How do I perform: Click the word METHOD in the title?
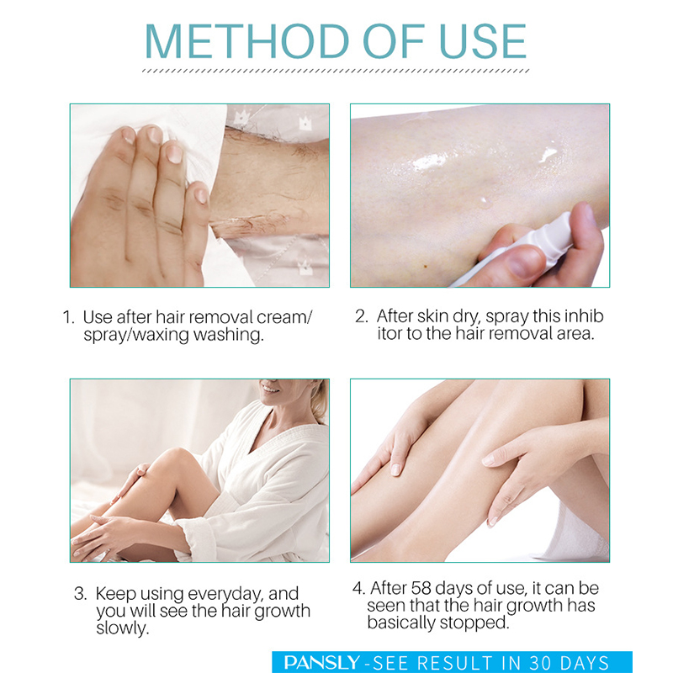click(x=246, y=41)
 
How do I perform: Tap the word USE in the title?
click(x=483, y=41)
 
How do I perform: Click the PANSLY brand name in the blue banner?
click(x=322, y=663)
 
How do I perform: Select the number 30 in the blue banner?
click(x=540, y=663)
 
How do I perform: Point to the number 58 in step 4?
click(x=421, y=588)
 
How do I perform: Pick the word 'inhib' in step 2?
click(x=584, y=316)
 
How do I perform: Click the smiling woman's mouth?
click(x=270, y=389)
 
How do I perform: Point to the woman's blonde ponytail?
click(x=319, y=404)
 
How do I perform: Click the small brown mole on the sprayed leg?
click(x=426, y=267)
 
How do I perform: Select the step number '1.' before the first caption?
click(x=68, y=318)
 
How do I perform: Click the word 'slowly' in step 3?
click(x=122, y=628)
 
